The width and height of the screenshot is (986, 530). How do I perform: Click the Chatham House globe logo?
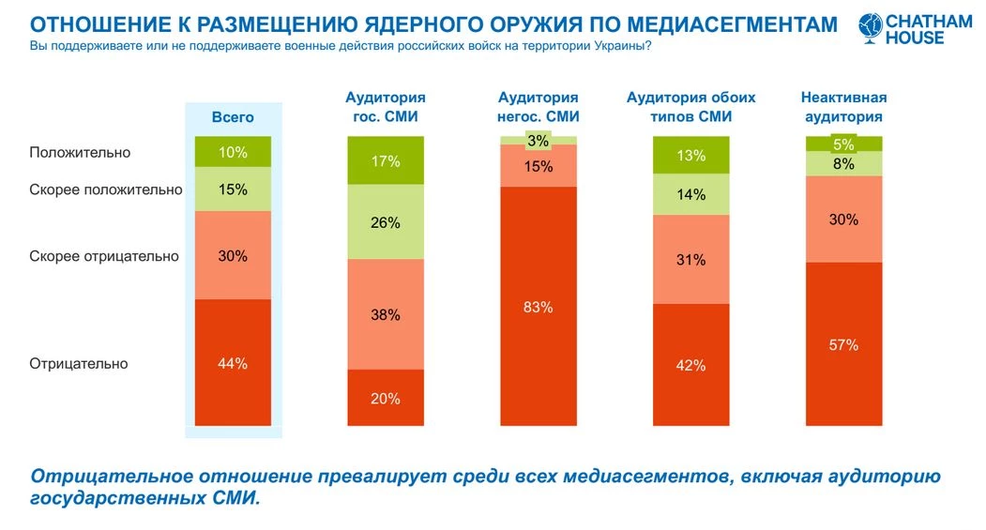click(x=871, y=27)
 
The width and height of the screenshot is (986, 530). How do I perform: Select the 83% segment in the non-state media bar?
click(x=539, y=306)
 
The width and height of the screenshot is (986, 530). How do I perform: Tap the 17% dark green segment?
click(x=386, y=160)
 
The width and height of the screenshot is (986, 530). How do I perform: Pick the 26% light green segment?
click(x=386, y=222)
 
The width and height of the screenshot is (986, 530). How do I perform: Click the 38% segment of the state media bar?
click(x=386, y=314)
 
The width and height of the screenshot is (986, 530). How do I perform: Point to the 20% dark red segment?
click(x=386, y=398)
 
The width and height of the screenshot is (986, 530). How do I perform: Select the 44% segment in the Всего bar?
click(x=233, y=363)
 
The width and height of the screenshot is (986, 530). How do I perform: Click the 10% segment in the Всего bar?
click(x=233, y=152)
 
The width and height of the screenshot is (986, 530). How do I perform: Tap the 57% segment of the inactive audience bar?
click(x=844, y=344)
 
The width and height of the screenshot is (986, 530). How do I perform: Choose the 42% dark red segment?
click(x=691, y=365)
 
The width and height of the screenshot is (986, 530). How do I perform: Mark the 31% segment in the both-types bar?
click(x=691, y=260)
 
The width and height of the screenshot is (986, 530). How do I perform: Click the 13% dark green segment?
click(x=691, y=155)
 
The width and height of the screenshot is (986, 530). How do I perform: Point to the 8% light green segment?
click(x=844, y=163)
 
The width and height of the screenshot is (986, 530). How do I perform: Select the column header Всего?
click(x=233, y=117)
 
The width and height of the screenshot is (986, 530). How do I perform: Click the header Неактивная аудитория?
click(x=844, y=107)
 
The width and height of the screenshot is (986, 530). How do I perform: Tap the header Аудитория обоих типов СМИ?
click(x=691, y=107)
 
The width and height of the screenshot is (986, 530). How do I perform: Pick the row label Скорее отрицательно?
click(x=104, y=256)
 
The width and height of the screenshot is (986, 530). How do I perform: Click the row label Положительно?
click(x=80, y=152)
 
